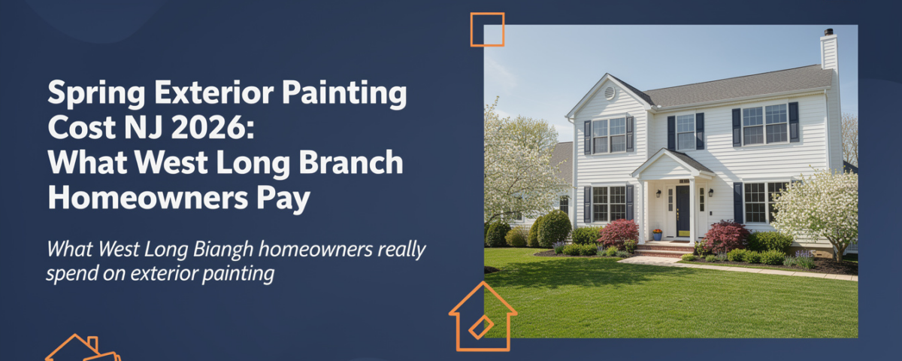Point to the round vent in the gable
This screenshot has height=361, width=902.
(x=610, y=93)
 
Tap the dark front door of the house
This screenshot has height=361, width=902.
(x=683, y=211)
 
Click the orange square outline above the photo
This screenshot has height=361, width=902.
(x=487, y=29)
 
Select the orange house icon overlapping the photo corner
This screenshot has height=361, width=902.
(x=482, y=316)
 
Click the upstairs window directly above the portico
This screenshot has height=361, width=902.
(x=686, y=132)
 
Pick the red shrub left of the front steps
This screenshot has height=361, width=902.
(x=618, y=232)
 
